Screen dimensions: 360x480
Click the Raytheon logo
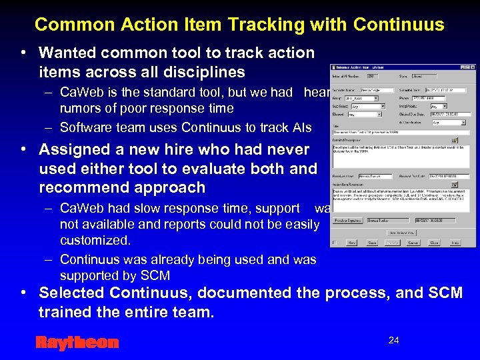coord(77,343)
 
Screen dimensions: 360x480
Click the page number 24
coord(394,341)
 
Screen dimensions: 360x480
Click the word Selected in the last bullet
coord(71,293)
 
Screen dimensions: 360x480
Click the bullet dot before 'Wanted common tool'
coord(23,53)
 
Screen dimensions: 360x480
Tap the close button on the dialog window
coord(472,67)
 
